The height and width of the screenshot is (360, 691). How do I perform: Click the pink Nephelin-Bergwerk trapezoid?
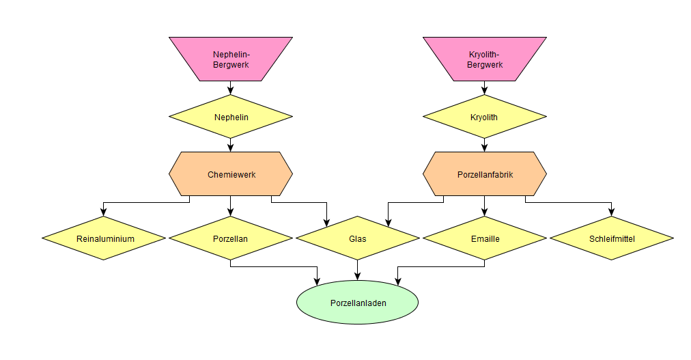pyautogui.click(x=231, y=59)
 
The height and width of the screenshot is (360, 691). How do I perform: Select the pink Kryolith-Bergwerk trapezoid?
pyautogui.click(x=485, y=59)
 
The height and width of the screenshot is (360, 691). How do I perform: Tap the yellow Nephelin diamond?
pyautogui.click(x=231, y=117)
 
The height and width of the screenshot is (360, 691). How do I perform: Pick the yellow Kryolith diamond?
pyautogui.click(x=485, y=117)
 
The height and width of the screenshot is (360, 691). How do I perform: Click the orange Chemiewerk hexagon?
pyautogui.click(x=231, y=174)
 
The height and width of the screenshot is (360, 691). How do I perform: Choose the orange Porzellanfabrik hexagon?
pyautogui.click(x=485, y=174)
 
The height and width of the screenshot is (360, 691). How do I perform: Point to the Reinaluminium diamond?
pyautogui.click(x=104, y=238)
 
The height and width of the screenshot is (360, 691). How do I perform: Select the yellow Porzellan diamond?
pyautogui.click(x=231, y=238)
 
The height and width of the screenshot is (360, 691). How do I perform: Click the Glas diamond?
pyautogui.click(x=358, y=238)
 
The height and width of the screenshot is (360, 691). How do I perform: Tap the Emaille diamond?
pyautogui.click(x=485, y=238)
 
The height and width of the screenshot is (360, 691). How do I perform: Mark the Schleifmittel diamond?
pyautogui.click(x=612, y=238)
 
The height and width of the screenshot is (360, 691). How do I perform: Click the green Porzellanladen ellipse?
pyautogui.click(x=358, y=302)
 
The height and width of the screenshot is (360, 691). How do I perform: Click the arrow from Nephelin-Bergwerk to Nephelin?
pyautogui.click(x=231, y=87)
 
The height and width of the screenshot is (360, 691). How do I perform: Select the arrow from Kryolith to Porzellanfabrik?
pyautogui.click(x=485, y=145)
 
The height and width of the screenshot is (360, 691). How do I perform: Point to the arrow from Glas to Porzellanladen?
pyautogui.click(x=358, y=270)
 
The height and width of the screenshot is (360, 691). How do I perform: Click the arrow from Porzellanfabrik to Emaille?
pyautogui.click(x=485, y=206)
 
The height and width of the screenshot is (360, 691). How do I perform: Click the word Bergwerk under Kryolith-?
pyautogui.click(x=485, y=65)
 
